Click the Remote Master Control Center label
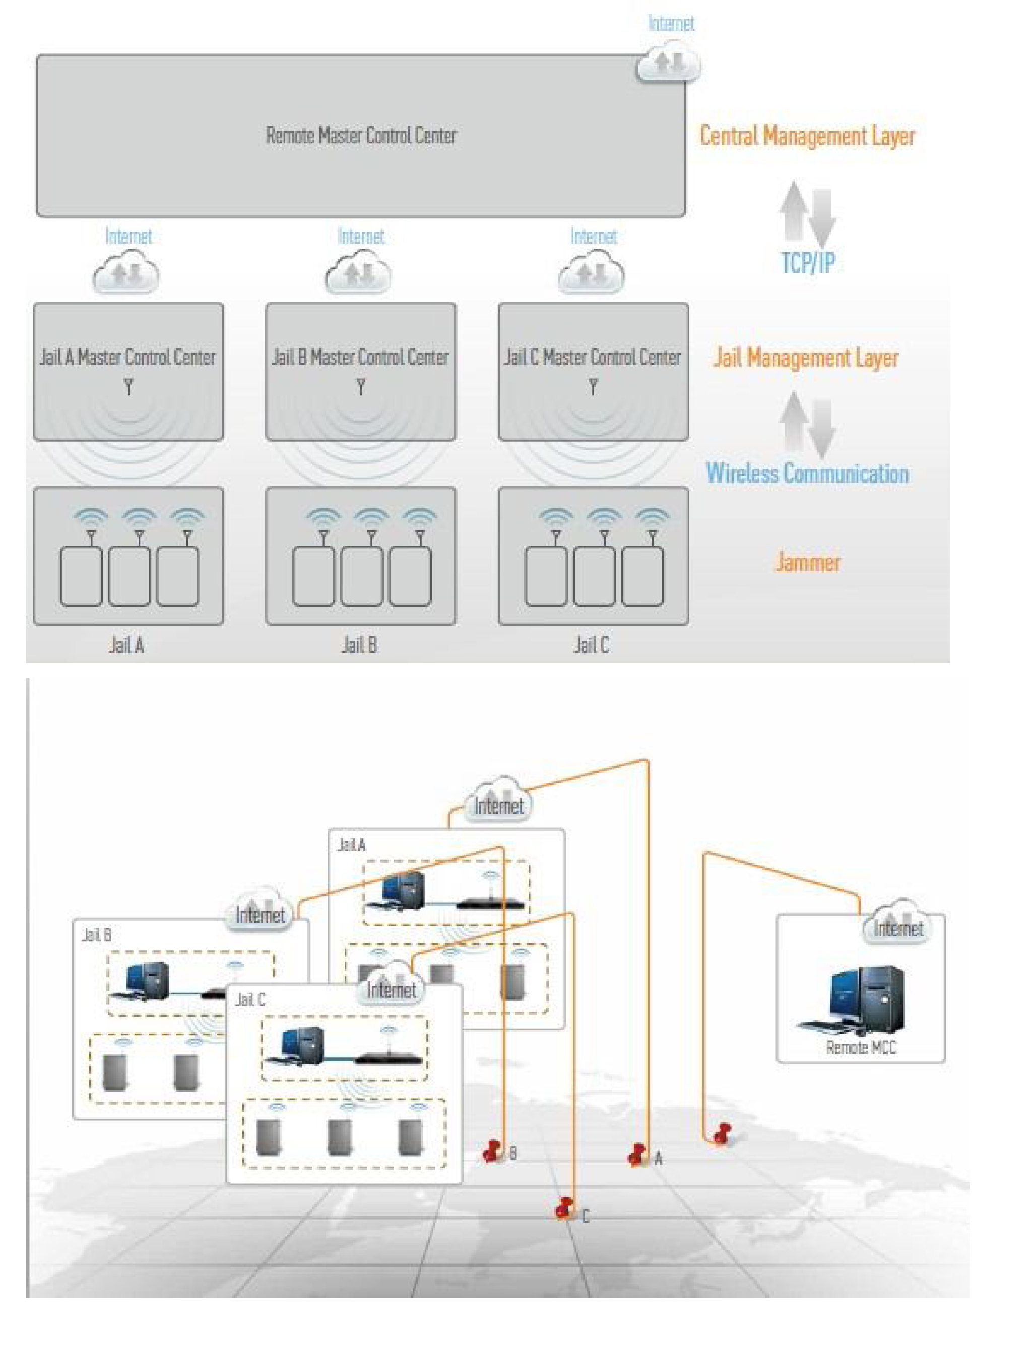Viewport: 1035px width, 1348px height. [361, 136]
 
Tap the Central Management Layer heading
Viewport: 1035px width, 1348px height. [807, 136]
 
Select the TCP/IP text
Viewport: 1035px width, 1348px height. [808, 262]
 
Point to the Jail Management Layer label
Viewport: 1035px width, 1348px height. [806, 358]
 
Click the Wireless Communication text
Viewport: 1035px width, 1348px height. [807, 473]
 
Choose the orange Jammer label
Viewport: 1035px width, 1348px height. [807, 562]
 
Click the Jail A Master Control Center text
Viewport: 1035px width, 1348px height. [128, 357]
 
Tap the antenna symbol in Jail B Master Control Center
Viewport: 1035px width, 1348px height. [361, 387]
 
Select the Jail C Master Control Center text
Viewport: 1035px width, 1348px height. [593, 357]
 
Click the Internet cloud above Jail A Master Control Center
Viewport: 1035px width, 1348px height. [126, 275]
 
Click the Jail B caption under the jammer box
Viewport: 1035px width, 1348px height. [359, 645]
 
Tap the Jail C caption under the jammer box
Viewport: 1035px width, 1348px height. [592, 645]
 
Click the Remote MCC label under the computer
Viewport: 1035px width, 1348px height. [861, 1047]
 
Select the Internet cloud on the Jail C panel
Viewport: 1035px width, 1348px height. [391, 986]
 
